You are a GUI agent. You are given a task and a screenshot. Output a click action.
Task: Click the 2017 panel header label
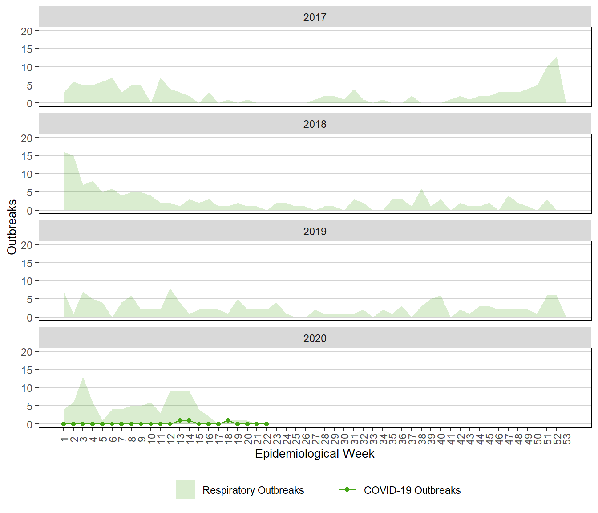click(315, 17)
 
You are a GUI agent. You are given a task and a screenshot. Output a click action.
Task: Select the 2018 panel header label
click(315, 124)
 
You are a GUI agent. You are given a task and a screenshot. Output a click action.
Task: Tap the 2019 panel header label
click(315, 232)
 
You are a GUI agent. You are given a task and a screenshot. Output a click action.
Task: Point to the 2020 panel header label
click(315, 338)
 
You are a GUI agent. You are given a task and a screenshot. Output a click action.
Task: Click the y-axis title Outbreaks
click(12, 227)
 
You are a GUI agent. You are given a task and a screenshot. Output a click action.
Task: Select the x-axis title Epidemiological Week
click(315, 454)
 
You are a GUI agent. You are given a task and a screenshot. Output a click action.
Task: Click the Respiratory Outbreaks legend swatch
click(186, 489)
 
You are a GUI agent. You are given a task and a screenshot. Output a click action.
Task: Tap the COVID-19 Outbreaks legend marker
click(347, 489)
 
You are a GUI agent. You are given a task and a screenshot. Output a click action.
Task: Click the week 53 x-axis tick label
click(566, 440)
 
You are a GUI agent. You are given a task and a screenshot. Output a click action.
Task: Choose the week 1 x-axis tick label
click(64, 440)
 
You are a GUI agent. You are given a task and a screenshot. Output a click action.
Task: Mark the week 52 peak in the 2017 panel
click(557, 57)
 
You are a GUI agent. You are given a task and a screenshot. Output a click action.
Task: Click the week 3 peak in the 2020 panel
click(83, 377)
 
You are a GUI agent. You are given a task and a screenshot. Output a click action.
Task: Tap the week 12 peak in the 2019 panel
click(170, 289)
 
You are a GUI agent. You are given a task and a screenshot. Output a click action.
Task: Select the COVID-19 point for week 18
click(228, 420)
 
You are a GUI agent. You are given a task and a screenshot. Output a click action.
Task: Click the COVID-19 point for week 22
click(267, 424)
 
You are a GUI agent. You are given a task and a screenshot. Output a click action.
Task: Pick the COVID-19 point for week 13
click(180, 420)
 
